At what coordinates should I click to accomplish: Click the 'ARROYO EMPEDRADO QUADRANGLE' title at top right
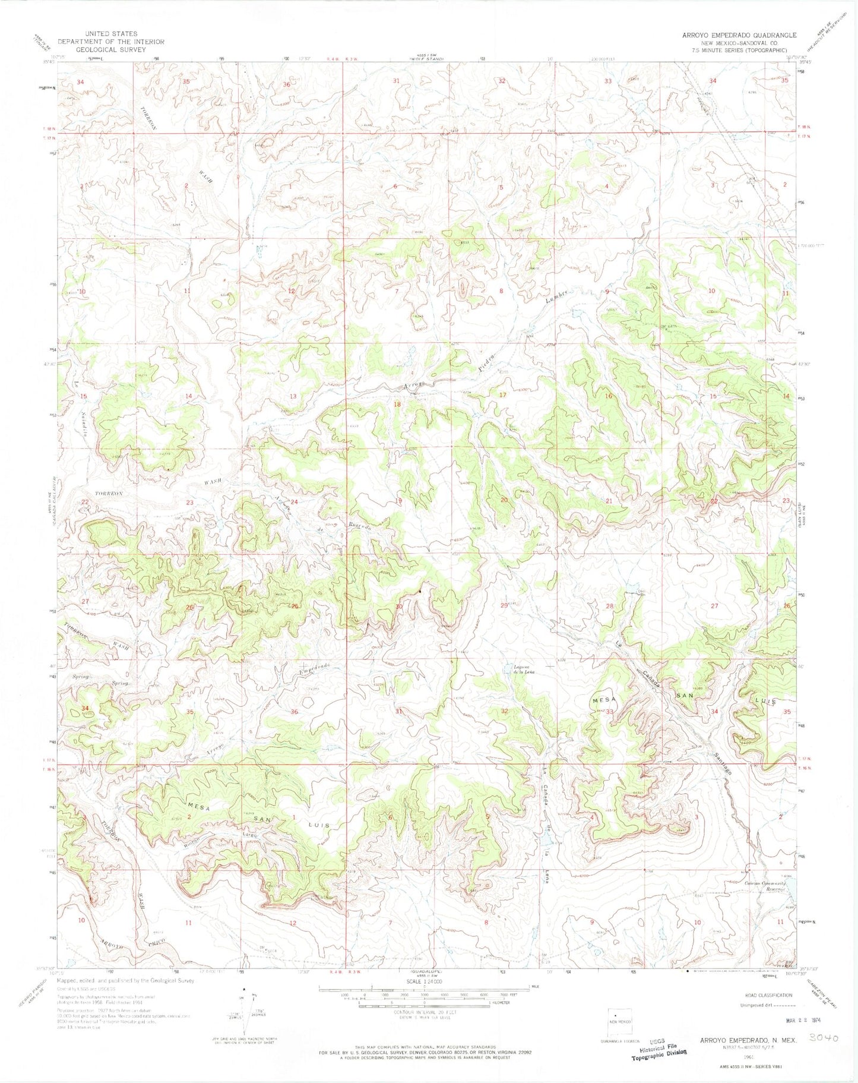pos(739,35)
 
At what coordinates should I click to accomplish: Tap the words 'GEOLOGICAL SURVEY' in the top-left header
pos(110,50)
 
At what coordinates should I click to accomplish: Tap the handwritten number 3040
pos(824,1038)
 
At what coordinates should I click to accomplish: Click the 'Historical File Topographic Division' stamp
pos(659,1050)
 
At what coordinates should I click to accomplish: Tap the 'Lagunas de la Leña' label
pos(524,669)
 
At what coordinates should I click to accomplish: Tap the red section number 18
pos(397,405)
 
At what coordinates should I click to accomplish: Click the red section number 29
pos(504,605)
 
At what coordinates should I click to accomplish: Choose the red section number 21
pos(609,501)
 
